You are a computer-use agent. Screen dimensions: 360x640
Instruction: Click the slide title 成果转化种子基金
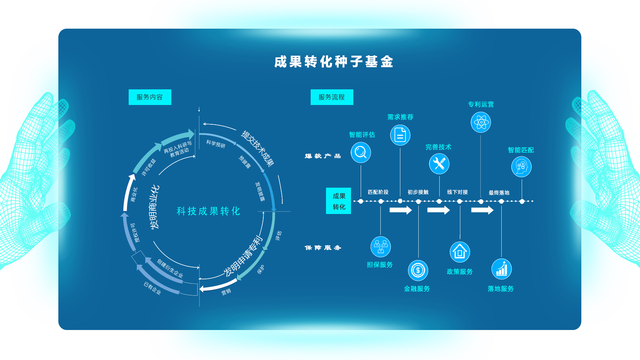[x=334, y=62]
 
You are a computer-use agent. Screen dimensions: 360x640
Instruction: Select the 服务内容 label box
[x=150, y=97]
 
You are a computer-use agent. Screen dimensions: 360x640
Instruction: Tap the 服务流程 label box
[x=332, y=97]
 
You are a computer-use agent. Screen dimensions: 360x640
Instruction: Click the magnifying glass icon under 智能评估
[x=361, y=153]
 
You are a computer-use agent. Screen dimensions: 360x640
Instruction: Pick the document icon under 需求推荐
[x=400, y=135]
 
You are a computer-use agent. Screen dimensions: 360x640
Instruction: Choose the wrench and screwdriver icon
[x=439, y=164]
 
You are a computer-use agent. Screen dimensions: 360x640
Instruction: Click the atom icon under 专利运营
[x=481, y=122]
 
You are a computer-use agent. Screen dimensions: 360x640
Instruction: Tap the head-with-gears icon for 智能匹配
[x=521, y=167]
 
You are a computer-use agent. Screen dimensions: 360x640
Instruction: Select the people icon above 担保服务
[x=380, y=247]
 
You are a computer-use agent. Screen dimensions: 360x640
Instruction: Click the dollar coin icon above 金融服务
[x=418, y=270]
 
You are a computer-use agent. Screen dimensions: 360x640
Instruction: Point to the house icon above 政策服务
[x=460, y=252]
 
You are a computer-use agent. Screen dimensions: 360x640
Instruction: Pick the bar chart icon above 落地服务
[x=501, y=269]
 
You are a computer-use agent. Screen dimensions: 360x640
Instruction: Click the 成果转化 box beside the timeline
[x=338, y=201]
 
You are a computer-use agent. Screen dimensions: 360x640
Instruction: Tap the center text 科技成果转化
[x=208, y=211]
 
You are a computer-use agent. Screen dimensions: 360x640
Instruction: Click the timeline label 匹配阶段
[x=378, y=192]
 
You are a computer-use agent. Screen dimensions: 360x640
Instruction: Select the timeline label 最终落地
[x=499, y=193]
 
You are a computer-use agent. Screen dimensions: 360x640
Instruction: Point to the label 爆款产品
[x=323, y=156]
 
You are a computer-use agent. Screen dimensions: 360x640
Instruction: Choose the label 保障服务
[x=323, y=248]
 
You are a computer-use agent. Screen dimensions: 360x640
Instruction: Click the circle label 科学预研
[x=216, y=144]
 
